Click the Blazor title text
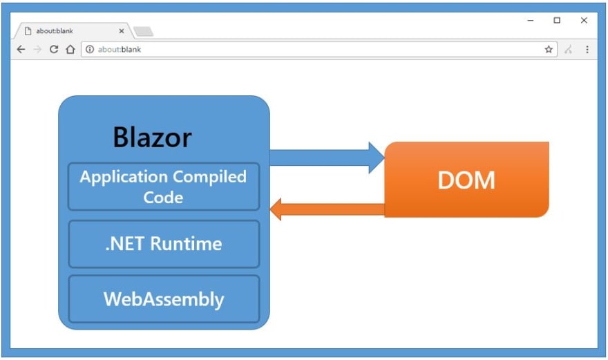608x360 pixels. [153, 137]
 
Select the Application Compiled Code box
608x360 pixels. [164, 187]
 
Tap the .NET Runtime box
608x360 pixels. [164, 244]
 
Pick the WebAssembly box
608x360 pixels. [164, 299]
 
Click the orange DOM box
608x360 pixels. [466, 180]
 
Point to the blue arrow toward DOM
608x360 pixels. [327, 158]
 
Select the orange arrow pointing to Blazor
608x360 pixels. [327, 209]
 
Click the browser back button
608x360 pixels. [21, 49]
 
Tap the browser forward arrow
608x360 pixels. [37, 49]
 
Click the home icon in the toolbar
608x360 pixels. [70, 49]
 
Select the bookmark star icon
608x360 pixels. [549, 49]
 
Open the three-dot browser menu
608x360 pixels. [587, 49]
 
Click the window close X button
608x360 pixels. [584, 20]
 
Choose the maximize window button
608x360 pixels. [557, 20]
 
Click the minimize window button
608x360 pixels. [531, 20]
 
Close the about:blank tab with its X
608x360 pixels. [122, 31]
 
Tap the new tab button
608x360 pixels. [144, 31]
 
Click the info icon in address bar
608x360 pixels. [90, 49]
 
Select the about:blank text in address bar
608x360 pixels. [120, 49]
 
